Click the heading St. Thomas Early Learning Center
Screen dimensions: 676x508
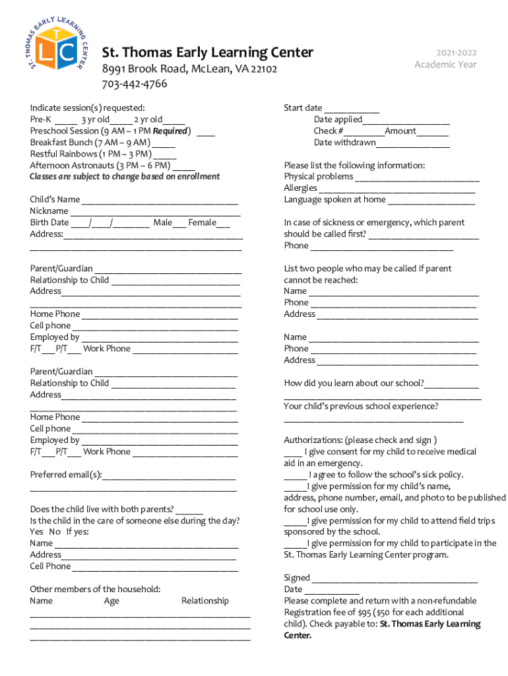[x=207, y=53]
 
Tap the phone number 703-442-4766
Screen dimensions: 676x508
[x=134, y=84]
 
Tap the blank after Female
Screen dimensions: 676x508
[x=224, y=224]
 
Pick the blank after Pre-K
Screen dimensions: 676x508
[x=65, y=121]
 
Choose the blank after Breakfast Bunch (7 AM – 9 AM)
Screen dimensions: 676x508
[x=164, y=143]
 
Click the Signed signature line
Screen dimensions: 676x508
[x=395, y=579]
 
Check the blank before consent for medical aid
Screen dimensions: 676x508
[x=293, y=453]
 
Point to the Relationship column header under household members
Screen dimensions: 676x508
[x=205, y=601]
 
